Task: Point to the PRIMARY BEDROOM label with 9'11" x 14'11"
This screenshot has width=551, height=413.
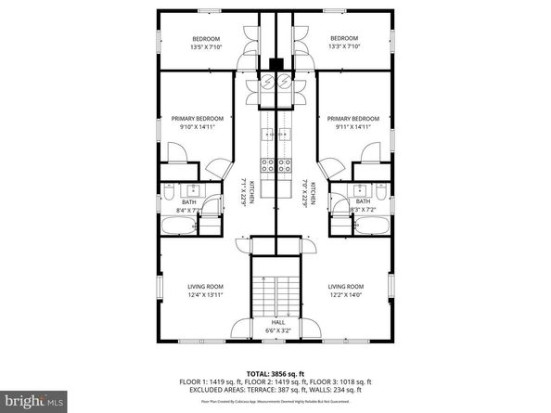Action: (x=353, y=123)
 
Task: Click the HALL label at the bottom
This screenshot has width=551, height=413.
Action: (x=278, y=326)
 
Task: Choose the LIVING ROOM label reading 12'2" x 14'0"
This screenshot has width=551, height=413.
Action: (x=346, y=290)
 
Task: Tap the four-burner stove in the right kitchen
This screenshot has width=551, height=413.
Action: (x=288, y=166)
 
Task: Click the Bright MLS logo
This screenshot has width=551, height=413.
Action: (x=32, y=401)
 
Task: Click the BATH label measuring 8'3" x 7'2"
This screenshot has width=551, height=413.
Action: (x=363, y=206)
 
